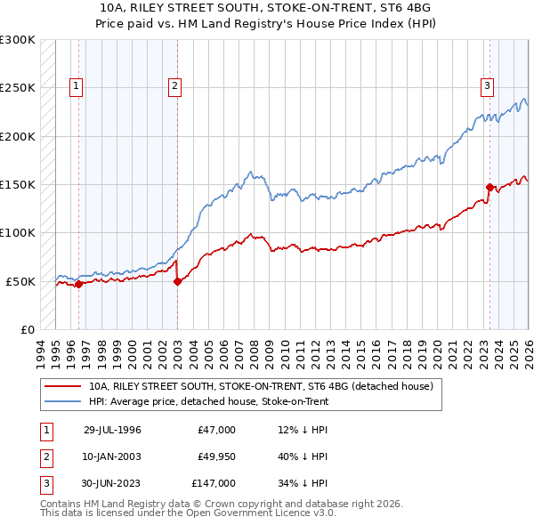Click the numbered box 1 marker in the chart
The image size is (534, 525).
(77, 86)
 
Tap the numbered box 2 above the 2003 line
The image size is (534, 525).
(174, 86)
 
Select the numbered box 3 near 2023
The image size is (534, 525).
(488, 86)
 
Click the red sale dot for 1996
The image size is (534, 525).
(78, 284)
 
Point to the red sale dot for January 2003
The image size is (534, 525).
(177, 281)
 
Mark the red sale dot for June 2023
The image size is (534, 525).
(489, 187)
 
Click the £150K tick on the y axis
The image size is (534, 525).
(18, 185)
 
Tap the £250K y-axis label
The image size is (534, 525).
(18, 88)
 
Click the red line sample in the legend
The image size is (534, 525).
(63, 387)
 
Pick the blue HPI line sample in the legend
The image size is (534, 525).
(63, 401)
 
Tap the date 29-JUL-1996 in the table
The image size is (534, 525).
(112, 430)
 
